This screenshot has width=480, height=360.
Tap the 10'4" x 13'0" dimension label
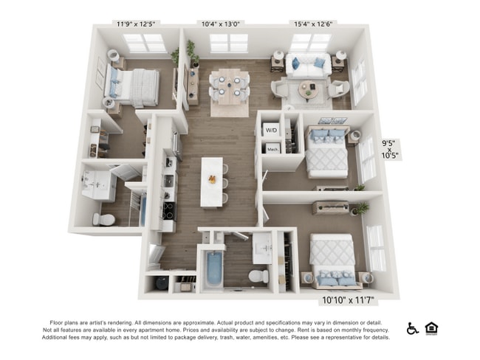(x=221, y=24)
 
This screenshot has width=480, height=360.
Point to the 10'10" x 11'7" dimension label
(x=349, y=300)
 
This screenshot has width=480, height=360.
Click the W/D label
(x=272, y=130)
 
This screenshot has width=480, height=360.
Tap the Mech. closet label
(x=272, y=148)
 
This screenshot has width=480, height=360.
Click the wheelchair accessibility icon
(x=413, y=328)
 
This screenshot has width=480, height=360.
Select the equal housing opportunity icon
(x=432, y=328)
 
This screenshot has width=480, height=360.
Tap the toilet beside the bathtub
(x=258, y=275)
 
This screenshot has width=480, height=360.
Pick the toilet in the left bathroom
(x=103, y=219)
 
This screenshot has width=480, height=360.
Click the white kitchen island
(x=214, y=180)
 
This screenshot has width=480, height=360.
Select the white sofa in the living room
(x=309, y=67)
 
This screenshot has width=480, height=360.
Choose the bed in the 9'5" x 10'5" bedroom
(x=326, y=151)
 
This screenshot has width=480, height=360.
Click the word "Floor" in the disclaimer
(x=58, y=322)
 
